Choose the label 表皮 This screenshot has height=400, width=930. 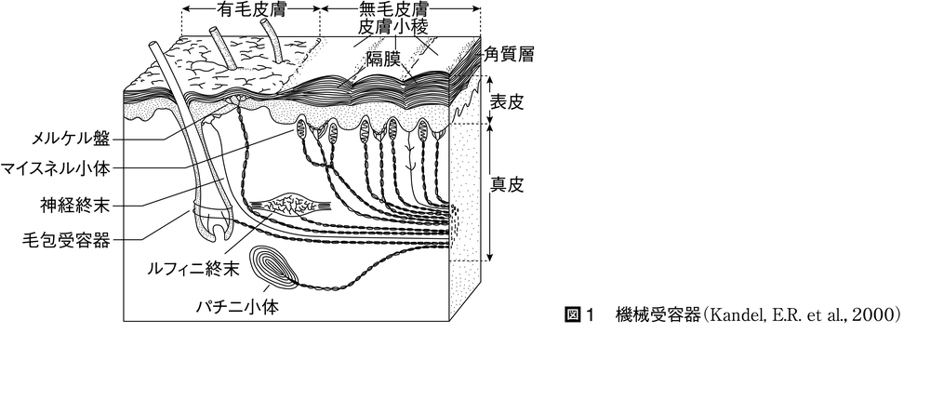507,100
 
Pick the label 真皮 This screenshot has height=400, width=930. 507,185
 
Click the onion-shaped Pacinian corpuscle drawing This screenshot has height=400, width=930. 275,267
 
